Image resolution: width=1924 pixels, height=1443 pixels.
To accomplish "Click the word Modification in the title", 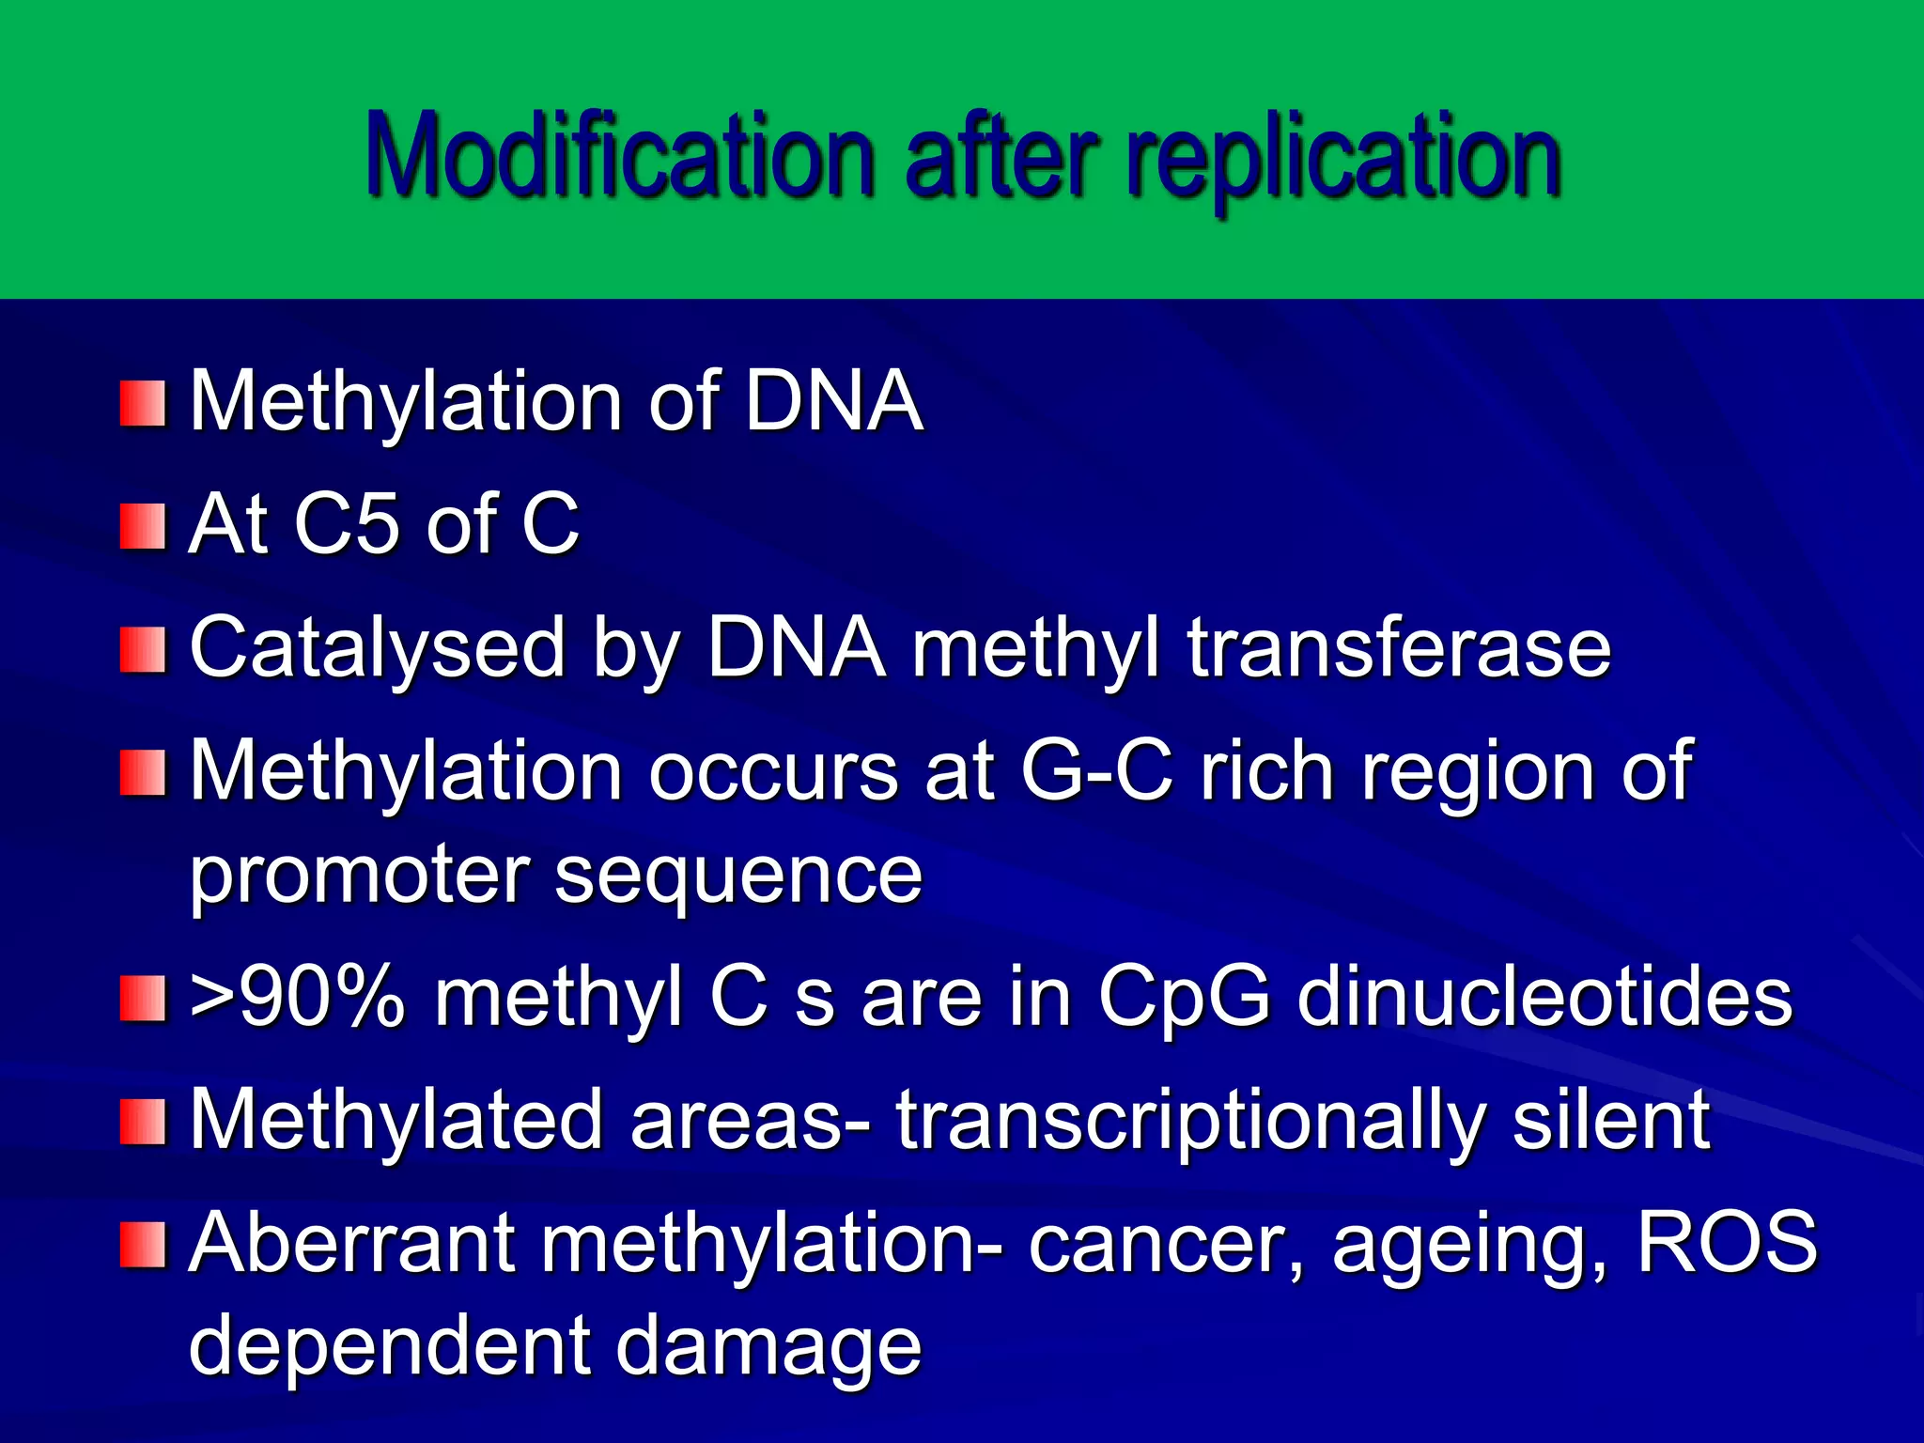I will tap(620, 155).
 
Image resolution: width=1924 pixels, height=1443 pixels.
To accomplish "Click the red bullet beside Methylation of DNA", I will tap(143, 403).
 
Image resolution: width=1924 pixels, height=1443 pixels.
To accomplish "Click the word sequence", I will tap(738, 876).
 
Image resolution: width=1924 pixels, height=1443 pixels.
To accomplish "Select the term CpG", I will tap(1184, 998).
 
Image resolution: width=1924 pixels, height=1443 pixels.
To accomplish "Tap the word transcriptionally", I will tap(1189, 1120).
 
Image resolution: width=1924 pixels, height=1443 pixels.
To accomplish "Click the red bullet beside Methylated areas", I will tap(143, 1123).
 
